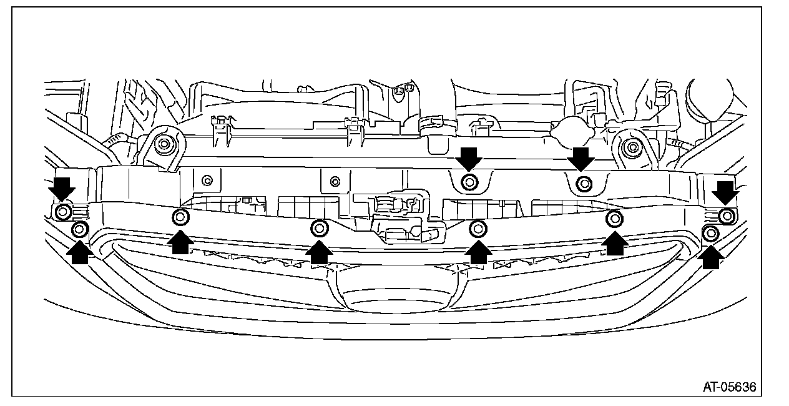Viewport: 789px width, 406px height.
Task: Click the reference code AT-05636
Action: click(729, 387)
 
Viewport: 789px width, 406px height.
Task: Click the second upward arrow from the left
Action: click(180, 241)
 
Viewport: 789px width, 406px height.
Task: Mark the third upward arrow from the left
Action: click(320, 251)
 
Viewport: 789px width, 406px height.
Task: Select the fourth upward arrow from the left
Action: click(479, 251)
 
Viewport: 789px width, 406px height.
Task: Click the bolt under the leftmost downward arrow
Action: click(62, 212)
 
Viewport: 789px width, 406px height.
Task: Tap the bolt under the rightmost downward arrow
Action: click(726, 216)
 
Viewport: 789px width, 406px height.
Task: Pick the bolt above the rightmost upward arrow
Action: click(710, 234)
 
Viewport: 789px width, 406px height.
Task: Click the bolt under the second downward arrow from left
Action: click(469, 182)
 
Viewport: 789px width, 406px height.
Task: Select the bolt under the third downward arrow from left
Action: click(584, 184)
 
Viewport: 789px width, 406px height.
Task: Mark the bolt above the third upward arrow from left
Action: click(320, 228)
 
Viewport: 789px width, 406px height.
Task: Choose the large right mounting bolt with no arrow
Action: click(632, 148)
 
